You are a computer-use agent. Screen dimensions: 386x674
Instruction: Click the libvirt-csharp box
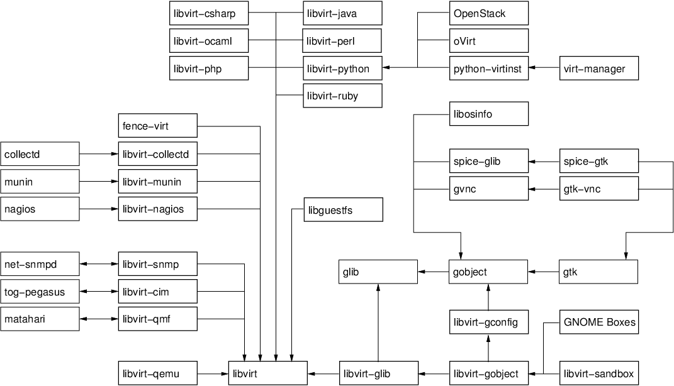[x=208, y=13]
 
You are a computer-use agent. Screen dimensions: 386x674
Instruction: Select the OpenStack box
[x=489, y=13]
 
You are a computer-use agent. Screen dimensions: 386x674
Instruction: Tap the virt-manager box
[x=599, y=69]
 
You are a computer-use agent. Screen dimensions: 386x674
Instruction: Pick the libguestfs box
[x=343, y=210]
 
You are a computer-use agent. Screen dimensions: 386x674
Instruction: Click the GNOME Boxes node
[x=599, y=323]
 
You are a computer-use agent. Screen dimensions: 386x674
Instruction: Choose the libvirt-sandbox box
[x=599, y=374]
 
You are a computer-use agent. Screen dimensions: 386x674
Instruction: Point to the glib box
[x=378, y=272]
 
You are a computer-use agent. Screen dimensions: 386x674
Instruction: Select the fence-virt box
[x=157, y=126]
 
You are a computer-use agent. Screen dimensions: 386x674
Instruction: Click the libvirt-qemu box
[x=157, y=374]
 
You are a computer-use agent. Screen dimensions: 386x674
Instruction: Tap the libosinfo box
[x=489, y=114]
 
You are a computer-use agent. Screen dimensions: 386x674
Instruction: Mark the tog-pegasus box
[x=40, y=292]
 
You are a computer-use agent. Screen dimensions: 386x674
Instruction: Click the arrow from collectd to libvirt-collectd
[x=99, y=154]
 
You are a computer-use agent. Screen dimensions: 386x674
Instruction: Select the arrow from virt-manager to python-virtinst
[x=544, y=68]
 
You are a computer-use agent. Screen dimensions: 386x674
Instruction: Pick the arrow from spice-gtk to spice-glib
[x=544, y=162]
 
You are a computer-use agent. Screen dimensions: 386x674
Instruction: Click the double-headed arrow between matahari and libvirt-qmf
[x=99, y=319]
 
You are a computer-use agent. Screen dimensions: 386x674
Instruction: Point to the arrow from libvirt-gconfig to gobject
[x=489, y=297]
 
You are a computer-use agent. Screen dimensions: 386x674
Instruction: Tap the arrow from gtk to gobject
[x=544, y=272]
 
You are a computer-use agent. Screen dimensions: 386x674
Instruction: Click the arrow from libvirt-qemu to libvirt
[x=213, y=374]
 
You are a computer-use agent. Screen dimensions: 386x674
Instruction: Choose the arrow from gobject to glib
[x=434, y=272]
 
